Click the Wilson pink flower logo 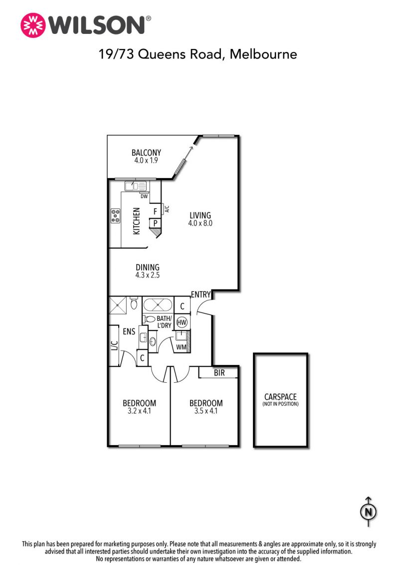click(33, 25)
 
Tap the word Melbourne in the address click(263, 54)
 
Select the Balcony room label click(146, 152)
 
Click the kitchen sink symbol click(135, 186)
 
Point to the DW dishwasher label click(144, 196)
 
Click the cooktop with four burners click(116, 216)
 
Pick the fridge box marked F click(155, 211)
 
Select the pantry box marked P click(155, 224)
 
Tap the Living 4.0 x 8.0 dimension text click(200, 224)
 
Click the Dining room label click(148, 268)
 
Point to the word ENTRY click(200, 294)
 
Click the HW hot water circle click(182, 322)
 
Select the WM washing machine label click(181, 347)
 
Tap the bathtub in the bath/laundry click(159, 305)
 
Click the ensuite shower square click(118, 305)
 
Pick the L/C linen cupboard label click(115, 345)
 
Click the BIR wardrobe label click(219, 372)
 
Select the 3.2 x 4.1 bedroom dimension click(139, 411)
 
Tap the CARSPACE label click(280, 397)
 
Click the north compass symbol click(369, 512)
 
